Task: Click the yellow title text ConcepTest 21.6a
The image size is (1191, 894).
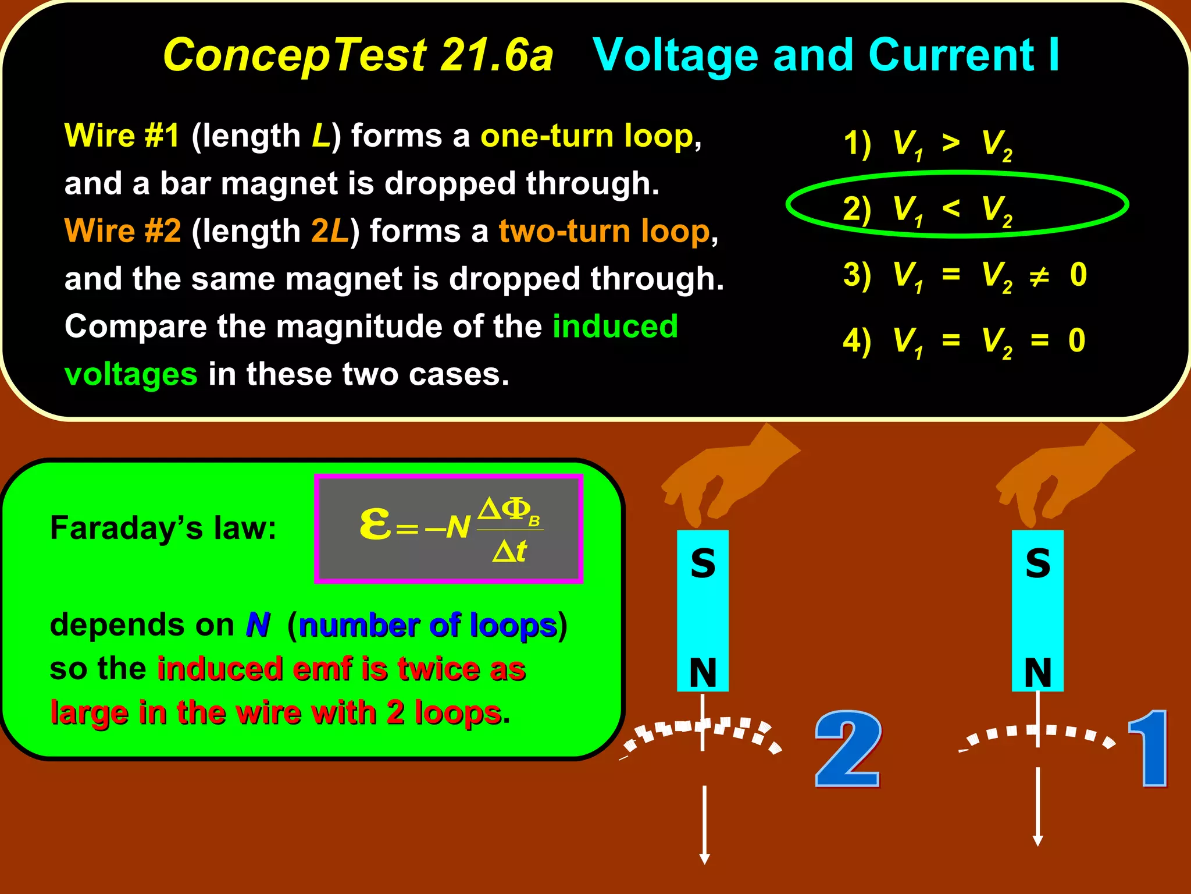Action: coord(358,55)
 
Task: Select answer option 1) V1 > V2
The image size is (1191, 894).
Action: coord(928,144)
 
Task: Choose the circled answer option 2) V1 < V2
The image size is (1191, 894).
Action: coord(928,209)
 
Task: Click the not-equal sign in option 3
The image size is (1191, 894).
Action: coord(1039,276)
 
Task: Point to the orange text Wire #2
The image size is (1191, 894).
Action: coord(123,231)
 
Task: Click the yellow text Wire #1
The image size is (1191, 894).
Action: coord(122,136)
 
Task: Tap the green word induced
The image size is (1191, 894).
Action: coord(615,327)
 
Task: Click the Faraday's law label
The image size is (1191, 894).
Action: coord(163,528)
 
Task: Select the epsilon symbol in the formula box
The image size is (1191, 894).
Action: coord(375,523)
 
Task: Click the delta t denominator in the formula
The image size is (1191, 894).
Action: coord(509,551)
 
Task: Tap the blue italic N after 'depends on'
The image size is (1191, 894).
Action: coord(258,625)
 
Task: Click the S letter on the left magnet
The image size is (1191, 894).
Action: coord(703,563)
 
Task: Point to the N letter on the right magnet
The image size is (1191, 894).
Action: coord(1037,672)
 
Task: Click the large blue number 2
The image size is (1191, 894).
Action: coord(848,749)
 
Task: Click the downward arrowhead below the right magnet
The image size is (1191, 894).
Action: coord(1037,840)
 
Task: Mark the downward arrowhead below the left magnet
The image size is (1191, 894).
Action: coord(704,858)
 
